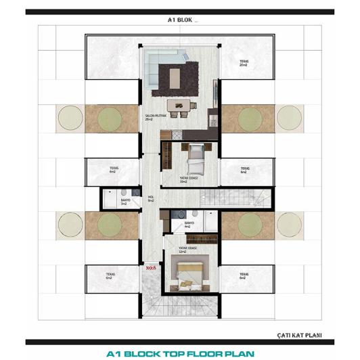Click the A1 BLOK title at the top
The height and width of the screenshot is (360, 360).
tap(181, 21)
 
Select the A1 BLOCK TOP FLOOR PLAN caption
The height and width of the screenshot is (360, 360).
tap(181, 353)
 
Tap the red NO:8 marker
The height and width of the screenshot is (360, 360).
tap(152, 268)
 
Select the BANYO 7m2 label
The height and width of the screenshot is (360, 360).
tap(125, 201)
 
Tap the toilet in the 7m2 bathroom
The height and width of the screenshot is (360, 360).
tap(109, 198)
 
